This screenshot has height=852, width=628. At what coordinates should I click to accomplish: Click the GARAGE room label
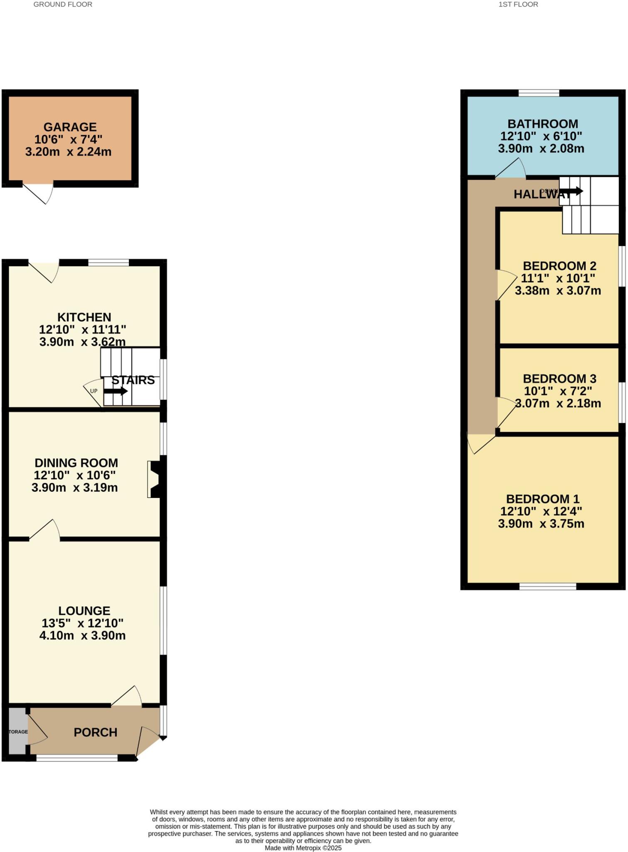coord(70,127)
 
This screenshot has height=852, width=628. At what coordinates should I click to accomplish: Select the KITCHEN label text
coord(84,317)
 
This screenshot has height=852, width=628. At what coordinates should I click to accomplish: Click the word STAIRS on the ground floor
coord(133,380)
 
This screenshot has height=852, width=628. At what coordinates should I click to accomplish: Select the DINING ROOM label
coord(76,463)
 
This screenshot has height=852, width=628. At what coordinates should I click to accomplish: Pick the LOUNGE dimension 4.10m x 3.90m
coord(82,636)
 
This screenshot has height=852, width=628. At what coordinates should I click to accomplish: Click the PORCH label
coord(95,732)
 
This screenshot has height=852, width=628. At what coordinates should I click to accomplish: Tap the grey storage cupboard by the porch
coord(18,731)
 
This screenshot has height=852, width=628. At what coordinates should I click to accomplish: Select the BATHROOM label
coord(542,124)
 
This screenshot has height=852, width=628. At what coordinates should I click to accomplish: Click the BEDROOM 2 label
coord(559,266)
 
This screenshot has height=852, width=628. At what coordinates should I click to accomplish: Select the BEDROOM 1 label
coord(542,499)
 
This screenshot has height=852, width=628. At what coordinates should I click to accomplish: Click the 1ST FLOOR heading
coord(518,5)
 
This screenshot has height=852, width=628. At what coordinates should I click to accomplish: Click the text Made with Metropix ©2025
coord(303,848)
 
